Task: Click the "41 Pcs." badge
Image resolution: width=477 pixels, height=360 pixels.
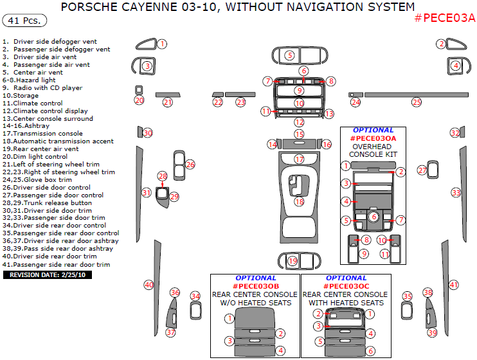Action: pos(24,21)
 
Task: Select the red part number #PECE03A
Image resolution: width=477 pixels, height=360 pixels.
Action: pos(444,18)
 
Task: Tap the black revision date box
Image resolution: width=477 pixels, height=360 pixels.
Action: pos(48,274)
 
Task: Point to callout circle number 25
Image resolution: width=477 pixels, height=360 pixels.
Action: pos(417,102)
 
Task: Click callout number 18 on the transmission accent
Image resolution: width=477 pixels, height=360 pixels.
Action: pos(300,201)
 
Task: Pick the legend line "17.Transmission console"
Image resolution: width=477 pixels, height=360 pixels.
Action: pos(42,133)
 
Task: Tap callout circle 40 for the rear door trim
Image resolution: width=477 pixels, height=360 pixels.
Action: pos(148,285)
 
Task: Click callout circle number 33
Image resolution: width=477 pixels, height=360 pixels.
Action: pos(456,193)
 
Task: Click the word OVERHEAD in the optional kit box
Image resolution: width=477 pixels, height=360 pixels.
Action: pos(372,147)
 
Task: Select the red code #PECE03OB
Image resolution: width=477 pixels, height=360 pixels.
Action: pos(256,286)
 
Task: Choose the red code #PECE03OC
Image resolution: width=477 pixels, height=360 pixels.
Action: pos(346,286)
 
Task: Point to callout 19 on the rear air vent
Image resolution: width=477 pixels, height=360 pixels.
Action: pos(292,261)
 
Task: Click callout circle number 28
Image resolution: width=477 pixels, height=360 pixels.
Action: pos(163,176)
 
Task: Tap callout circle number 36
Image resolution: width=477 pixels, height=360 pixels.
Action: pos(175,292)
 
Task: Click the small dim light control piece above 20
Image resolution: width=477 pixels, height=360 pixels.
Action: pos(139,90)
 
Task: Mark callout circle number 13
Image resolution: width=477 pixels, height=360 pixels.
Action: pos(329,114)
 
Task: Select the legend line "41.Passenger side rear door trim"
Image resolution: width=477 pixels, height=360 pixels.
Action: pos(57,264)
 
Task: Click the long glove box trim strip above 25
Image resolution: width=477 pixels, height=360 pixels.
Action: pos(417,95)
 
